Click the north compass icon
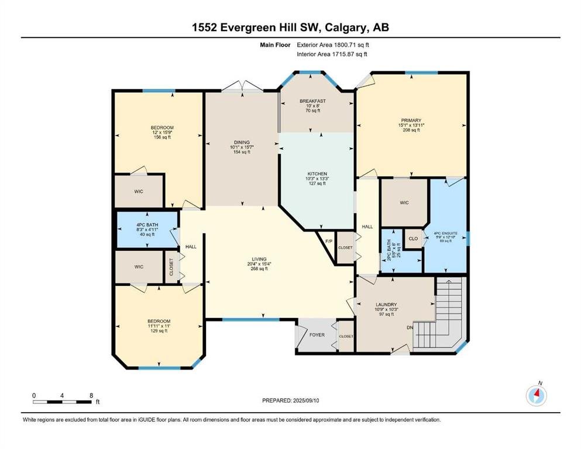tap(536, 396)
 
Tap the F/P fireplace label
tap(328, 241)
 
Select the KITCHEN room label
tap(317, 174)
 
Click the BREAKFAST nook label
tap(312, 101)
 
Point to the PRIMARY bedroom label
tap(411, 120)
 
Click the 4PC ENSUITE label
tap(446, 234)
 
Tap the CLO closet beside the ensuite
tap(413, 239)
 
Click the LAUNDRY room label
tap(386, 305)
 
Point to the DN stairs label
tap(410, 327)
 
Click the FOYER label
tap(317, 335)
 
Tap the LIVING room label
tap(259, 259)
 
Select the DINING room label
tap(242, 142)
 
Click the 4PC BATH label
tap(147, 224)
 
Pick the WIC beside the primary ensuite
tap(404, 203)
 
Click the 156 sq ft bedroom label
tap(162, 127)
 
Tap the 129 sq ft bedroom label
tap(159, 322)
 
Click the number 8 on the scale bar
tap(91, 395)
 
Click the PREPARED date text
tap(290, 400)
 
